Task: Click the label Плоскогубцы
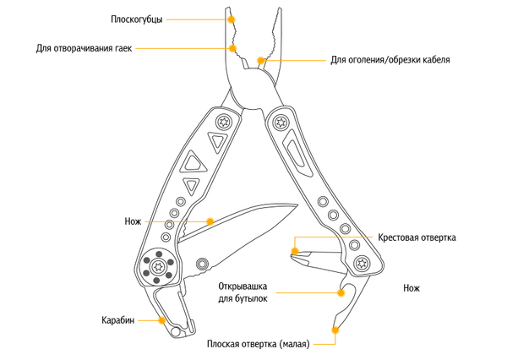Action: (136, 19)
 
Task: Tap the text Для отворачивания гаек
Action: (84, 48)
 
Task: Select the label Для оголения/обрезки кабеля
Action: (390, 60)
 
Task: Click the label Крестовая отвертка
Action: (417, 237)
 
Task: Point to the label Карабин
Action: (118, 320)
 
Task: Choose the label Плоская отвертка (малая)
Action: (259, 344)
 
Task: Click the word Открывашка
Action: (243, 286)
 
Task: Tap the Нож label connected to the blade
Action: (133, 221)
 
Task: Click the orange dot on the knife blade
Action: (210, 221)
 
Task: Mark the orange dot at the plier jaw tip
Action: (231, 19)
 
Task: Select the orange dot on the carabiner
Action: (162, 320)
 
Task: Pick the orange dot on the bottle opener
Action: (341, 292)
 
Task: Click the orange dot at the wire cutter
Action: (260, 60)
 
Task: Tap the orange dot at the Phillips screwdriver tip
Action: (295, 251)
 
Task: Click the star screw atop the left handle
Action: (224, 123)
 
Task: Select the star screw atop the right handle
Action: (281, 123)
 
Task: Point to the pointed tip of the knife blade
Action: (297, 205)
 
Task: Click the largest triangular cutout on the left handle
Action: (194, 161)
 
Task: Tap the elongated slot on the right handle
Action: (297, 153)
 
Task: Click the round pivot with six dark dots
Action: (158, 266)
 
